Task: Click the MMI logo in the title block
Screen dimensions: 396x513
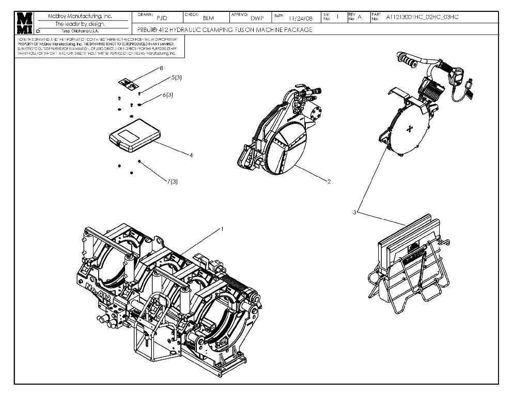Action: point(24,23)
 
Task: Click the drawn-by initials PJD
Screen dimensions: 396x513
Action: point(162,18)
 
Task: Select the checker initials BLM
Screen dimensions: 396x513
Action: point(208,18)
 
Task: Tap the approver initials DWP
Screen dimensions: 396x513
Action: point(257,18)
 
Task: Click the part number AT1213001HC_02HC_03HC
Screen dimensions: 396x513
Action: point(422,17)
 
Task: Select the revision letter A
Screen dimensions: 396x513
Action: point(360,18)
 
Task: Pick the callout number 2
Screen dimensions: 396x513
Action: point(329,181)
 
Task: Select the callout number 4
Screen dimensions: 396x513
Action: point(191,155)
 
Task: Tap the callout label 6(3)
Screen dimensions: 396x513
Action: point(168,95)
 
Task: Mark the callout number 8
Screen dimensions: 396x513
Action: point(161,68)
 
